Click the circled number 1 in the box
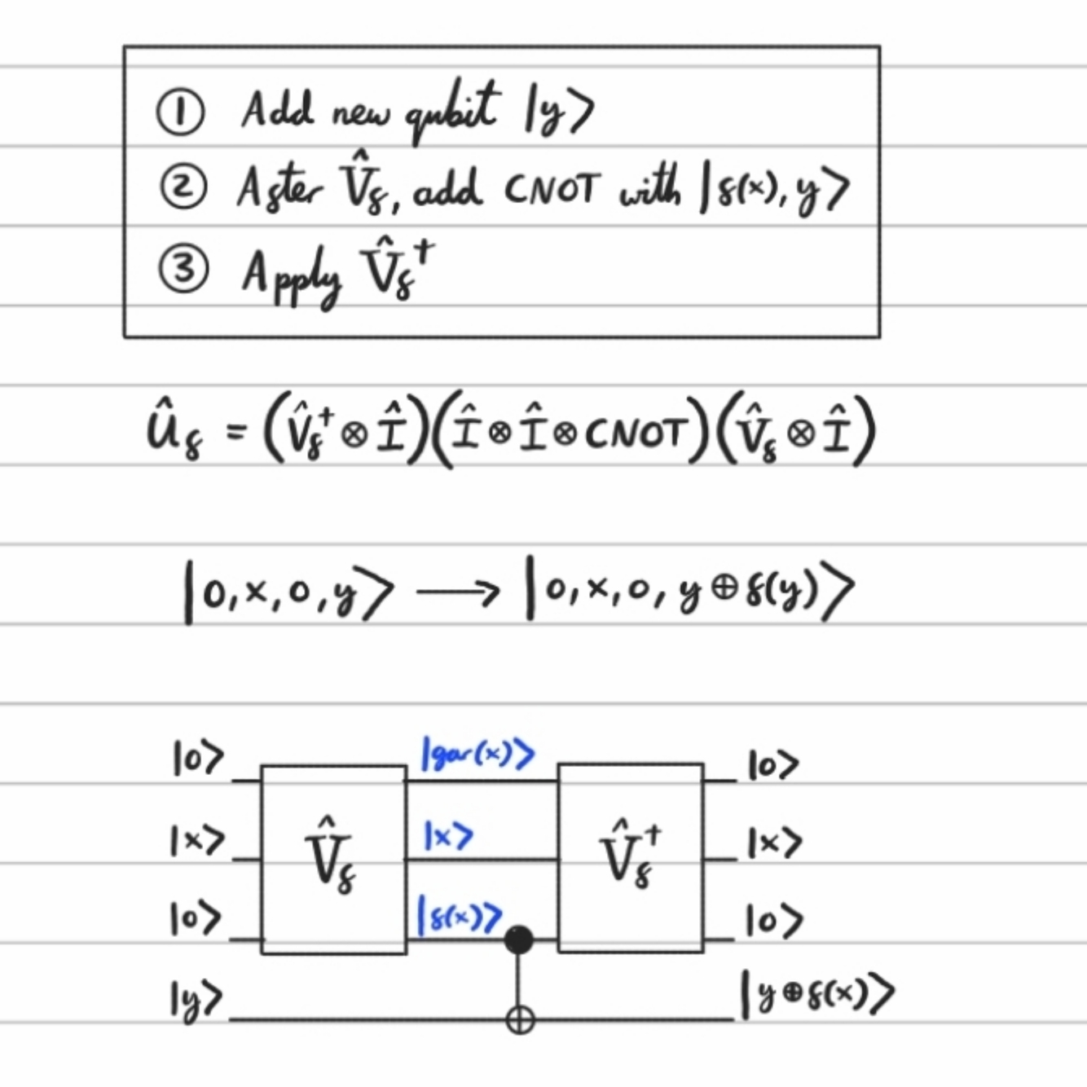[x=179, y=113]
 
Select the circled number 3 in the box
[x=183, y=269]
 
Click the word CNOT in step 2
[x=552, y=190]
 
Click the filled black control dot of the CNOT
[x=519, y=940]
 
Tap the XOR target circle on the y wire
[x=520, y=1019]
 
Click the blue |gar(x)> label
[x=477, y=754]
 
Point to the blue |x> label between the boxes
[x=447, y=835]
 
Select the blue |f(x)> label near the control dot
[x=459, y=915]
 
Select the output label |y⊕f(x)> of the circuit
[x=817, y=993]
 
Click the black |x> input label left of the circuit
[x=196, y=841]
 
